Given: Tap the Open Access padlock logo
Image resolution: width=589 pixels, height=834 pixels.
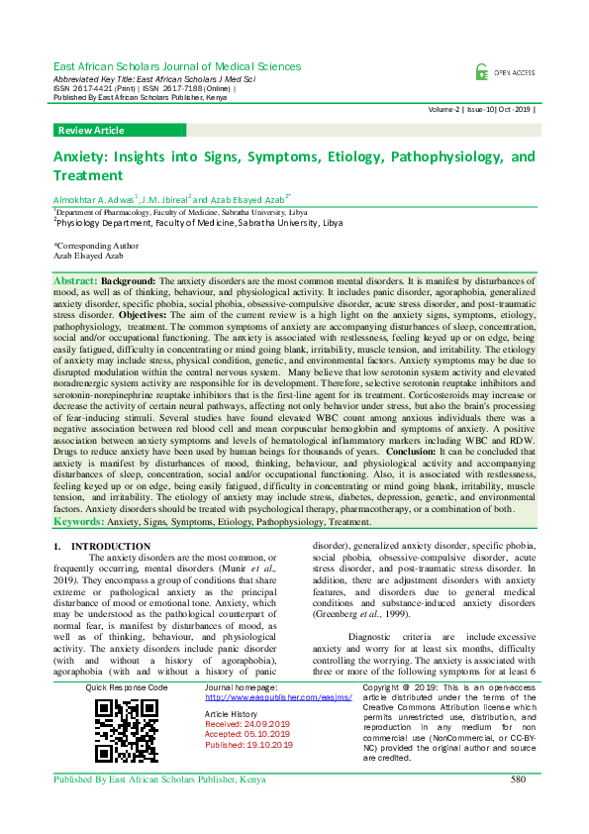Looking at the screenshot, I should pos(481,71).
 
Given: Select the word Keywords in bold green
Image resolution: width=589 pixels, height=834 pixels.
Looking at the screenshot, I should pos(78,520).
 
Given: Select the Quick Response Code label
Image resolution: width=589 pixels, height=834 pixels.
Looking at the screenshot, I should pos(127,686).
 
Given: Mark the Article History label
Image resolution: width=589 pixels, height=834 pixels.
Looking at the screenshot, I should pos(230,713).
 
